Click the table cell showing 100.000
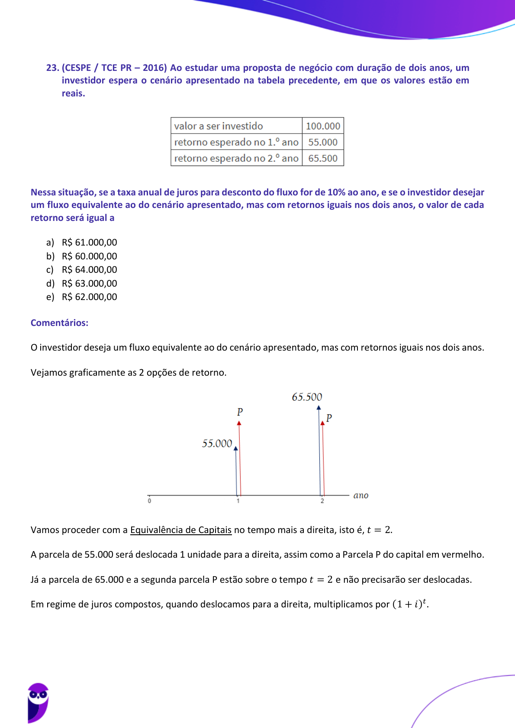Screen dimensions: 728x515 (x=323, y=126)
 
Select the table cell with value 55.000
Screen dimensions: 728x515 (x=323, y=142)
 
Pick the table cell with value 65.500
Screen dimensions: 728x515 (x=323, y=158)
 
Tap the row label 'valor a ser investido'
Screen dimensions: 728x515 (x=219, y=126)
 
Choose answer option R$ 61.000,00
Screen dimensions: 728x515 (x=89, y=243)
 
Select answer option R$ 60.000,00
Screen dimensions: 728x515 (x=89, y=256)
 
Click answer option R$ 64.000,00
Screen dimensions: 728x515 (x=89, y=270)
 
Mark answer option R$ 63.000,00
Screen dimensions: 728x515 (x=89, y=284)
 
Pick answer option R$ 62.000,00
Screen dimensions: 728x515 (x=89, y=297)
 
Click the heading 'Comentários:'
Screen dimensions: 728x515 (x=59, y=323)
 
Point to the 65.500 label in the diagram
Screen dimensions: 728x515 (x=307, y=397)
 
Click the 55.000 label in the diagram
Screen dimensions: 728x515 (x=217, y=444)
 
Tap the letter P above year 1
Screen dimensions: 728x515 (x=240, y=412)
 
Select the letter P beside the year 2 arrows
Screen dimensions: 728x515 (x=329, y=418)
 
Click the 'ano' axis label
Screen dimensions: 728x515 (x=360, y=495)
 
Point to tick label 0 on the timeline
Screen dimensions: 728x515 (x=150, y=501)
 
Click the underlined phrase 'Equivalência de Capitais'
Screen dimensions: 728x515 (x=181, y=530)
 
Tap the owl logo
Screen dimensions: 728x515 (x=38, y=702)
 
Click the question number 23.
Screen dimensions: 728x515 (x=52, y=68)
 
